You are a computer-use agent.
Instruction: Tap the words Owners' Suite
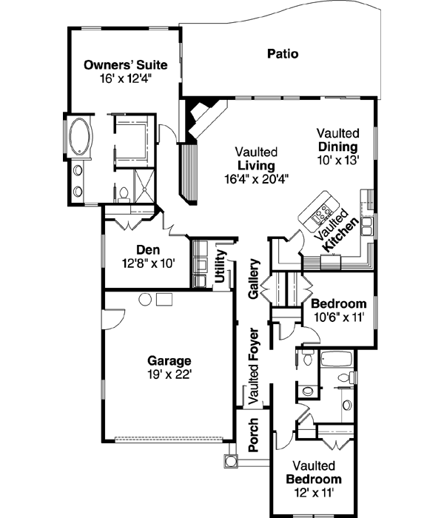[125, 65]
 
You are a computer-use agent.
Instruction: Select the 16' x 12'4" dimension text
[125, 78]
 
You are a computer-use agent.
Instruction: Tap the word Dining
[338, 146]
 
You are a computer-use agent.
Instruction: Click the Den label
[149, 249]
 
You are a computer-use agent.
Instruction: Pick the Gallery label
[254, 279]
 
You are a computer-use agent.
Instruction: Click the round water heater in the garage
[146, 298]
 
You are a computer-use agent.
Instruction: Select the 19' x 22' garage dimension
[169, 374]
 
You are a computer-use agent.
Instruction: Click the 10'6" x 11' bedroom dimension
[338, 317]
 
